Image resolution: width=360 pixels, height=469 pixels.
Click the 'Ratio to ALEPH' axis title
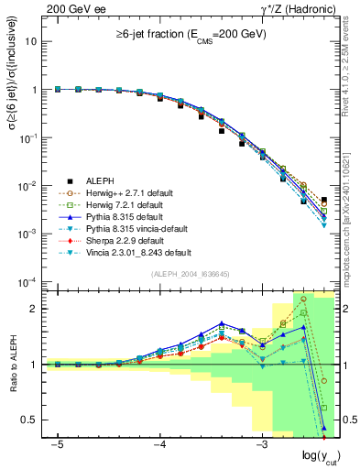(x=12, y=365)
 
